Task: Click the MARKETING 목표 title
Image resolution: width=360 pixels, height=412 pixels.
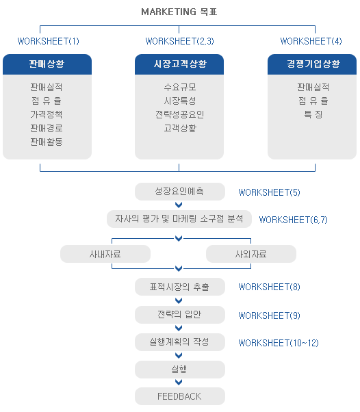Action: tap(179, 12)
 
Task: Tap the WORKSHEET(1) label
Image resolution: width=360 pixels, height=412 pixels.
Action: tap(48, 41)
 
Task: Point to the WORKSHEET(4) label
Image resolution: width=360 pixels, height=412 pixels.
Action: tap(311, 41)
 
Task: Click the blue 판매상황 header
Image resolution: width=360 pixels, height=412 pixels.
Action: tap(47, 64)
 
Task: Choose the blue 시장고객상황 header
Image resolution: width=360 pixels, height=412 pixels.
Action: tap(179, 64)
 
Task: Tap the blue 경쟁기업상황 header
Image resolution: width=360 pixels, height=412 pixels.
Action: tap(312, 64)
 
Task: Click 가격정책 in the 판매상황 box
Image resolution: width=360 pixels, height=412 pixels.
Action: tap(47, 114)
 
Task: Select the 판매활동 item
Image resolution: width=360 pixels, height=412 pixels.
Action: tap(47, 142)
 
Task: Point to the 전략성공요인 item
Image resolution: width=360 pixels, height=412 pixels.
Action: tap(180, 114)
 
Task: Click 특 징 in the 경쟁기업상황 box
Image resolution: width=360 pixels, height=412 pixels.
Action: tap(313, 114)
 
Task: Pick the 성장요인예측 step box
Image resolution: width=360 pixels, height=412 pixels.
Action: tap(180, 192)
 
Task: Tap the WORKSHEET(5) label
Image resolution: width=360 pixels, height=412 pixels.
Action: tap(269, 192)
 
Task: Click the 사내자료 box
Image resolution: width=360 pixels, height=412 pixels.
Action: tap(105, 254)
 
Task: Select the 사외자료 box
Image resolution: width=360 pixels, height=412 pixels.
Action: tap(251, 254)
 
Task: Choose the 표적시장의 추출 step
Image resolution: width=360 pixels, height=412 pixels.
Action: tap(180, 287)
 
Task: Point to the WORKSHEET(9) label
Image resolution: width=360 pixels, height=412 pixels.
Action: tap(269, 316)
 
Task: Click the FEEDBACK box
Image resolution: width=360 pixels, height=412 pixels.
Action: tap(180, 396)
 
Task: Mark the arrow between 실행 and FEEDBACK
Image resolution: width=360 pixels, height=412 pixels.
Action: tap(179, 383)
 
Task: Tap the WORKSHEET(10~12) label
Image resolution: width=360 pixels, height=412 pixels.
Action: tap(279, 343)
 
